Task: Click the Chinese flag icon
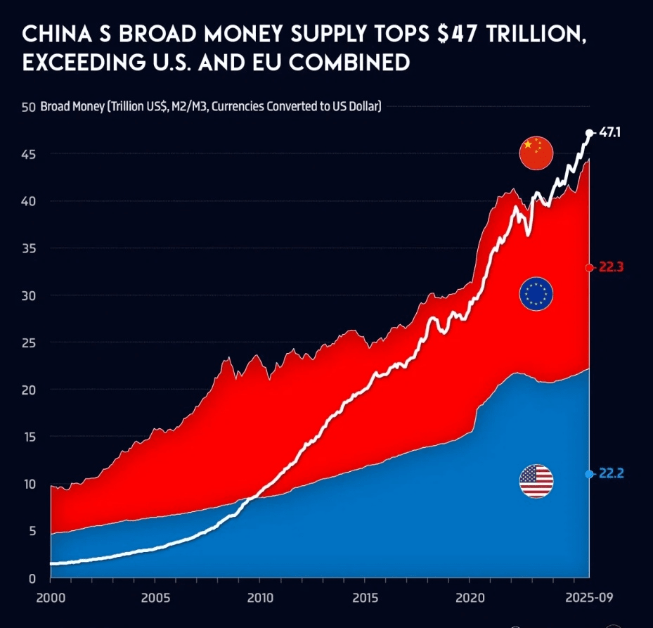click(x=536, y=153)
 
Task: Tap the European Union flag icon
click(x=536, y=293)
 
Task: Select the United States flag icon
click(x=536, y=482)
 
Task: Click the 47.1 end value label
click(x=609, y=132)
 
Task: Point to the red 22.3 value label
click(x=612, y=267)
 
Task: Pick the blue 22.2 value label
click(x=612, y=474)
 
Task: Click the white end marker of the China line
click(x=589, y=132)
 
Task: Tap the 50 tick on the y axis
click(x=28, y=107)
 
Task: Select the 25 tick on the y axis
click(x=28, y=342)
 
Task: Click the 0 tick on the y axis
click(x=32, y=578)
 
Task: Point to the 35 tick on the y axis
click(x=28, y=248)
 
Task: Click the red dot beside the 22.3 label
click(x=589, y=267)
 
